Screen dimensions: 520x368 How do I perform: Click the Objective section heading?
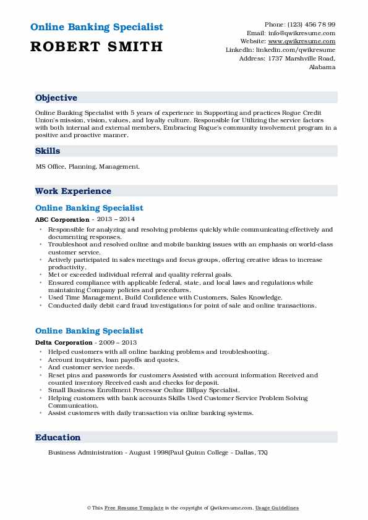click(x=56, y=98)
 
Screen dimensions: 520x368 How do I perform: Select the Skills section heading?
click(x=48, y=151)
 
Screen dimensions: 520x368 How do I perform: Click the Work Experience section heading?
click(x=73, y=191)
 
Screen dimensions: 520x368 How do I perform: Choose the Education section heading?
click(x=58, y=437)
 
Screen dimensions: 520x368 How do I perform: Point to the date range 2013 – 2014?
click(x=114, y=219)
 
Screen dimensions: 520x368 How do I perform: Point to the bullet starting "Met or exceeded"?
click(x=140, y=275)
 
